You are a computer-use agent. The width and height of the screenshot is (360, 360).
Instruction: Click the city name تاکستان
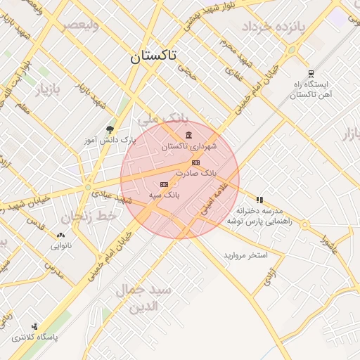click(154, 57)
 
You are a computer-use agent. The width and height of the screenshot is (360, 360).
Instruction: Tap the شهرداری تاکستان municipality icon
click(188, 135)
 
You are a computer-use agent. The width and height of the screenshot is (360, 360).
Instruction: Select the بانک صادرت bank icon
click(195, 162)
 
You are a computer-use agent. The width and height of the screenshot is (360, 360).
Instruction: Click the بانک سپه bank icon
click(165, 184)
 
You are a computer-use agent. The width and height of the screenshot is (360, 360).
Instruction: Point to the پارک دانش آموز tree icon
click(110, 129)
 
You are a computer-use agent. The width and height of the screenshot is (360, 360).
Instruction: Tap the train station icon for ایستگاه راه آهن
click(311, 74)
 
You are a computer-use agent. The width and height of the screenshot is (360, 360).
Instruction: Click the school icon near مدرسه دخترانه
click(259, 200)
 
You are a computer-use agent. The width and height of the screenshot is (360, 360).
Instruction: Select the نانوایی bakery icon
click(60, 236)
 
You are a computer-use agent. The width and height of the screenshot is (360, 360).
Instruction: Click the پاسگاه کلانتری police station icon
click(34, 326)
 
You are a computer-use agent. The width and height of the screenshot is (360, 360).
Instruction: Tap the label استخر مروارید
click(246, 255)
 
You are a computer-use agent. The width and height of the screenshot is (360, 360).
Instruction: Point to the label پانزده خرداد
click(275, 27)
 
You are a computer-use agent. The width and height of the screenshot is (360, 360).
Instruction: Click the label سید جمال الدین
click(143, 298)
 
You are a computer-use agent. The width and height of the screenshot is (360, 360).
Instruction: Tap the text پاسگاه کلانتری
click(34, 337)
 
